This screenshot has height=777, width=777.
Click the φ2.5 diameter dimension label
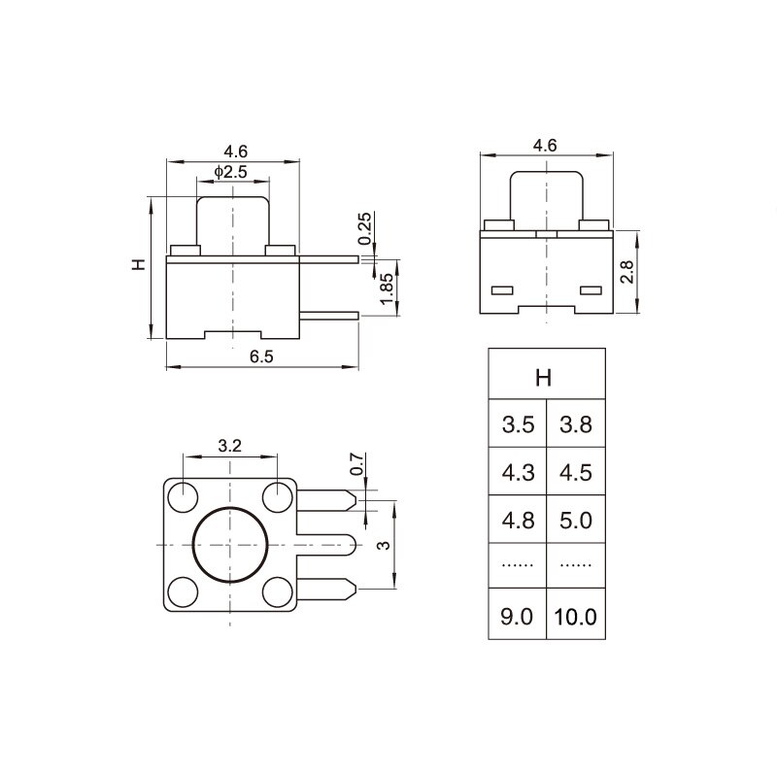click(x=231, y=173)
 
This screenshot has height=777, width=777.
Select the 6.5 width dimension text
click(x=261, y=355)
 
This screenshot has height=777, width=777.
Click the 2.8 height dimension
click(x=626, y=272)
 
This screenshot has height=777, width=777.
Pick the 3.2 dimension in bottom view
click(x=229, y=447)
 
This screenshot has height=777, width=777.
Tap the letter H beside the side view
click(x=139, y=264)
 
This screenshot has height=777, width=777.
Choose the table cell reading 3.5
click(x=518, y=424)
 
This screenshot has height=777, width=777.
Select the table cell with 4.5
click(x=575, y=472)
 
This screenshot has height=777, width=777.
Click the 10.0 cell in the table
click(x=575, y=617)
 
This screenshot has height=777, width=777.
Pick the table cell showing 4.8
click(x=518, y=520)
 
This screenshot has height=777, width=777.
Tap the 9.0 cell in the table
click(x=518, y=617)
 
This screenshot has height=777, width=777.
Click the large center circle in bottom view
click(x=229, y=545)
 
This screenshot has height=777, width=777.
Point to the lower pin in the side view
click(x=330, y=315)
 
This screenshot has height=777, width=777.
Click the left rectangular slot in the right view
click(x=503, y=290)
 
